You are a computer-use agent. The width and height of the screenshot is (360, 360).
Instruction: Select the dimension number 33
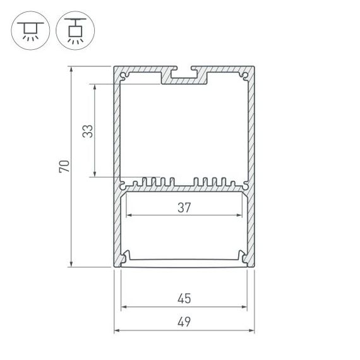pyautogui.click(x=87, y=131)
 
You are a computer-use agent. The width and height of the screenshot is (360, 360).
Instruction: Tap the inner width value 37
pyautogui.click(x=184, y=207)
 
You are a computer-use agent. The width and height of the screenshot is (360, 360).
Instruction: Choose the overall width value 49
pyautogui.click(x=184, y=321)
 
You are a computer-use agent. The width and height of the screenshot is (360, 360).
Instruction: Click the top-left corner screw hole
pyautogui.click(x=123, y=78)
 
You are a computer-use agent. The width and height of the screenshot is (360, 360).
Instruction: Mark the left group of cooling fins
pyautogui.click(x=152, y=183)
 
